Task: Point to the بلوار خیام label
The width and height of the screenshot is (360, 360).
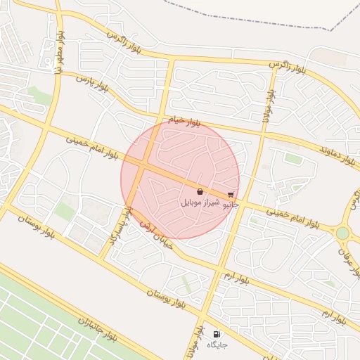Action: [184, 121]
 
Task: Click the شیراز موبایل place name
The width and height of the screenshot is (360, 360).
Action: [201, 202]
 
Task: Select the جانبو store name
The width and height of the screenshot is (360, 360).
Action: [231, 206]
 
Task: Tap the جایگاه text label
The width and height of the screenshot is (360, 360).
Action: [215, 346]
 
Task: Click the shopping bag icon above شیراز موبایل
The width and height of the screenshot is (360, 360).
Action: [200, 191]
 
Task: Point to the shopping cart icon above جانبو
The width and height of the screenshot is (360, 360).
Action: [231, 195]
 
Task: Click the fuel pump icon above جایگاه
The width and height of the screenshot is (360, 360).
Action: [216, 335]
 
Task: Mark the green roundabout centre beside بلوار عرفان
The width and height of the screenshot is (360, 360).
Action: [342, 233]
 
